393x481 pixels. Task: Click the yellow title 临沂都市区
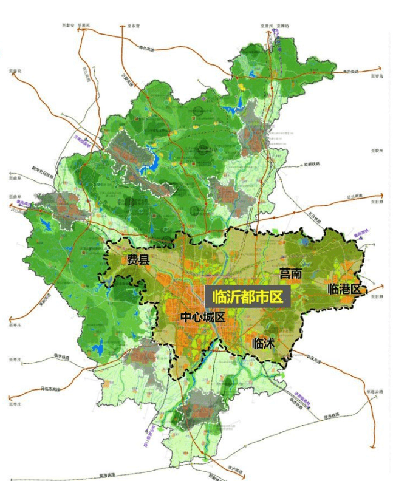click(247, 298)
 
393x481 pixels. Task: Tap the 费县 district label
click(138, 260)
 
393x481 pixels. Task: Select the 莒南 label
click(290, 274)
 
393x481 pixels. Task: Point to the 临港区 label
click(344, 288)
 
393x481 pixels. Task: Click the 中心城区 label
click(203, 318)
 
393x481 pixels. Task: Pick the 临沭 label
click(264, 343)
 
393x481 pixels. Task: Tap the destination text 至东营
click(134, 26)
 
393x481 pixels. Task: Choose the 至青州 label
click(265, 26)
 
